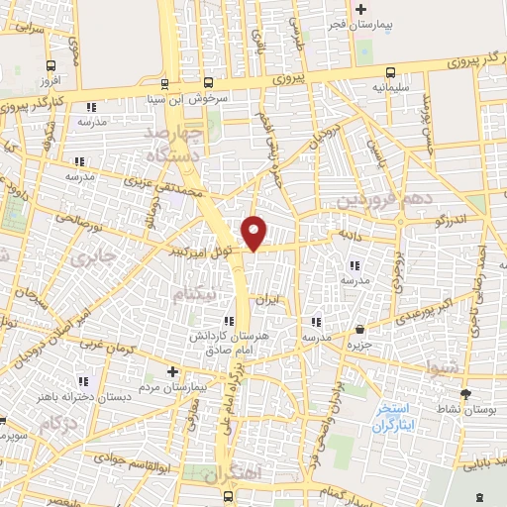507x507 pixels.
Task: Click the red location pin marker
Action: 255,233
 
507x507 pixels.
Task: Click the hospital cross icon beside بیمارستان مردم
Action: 173,372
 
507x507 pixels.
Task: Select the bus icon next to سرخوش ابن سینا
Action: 208,83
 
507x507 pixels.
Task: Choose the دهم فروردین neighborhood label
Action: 384,201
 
